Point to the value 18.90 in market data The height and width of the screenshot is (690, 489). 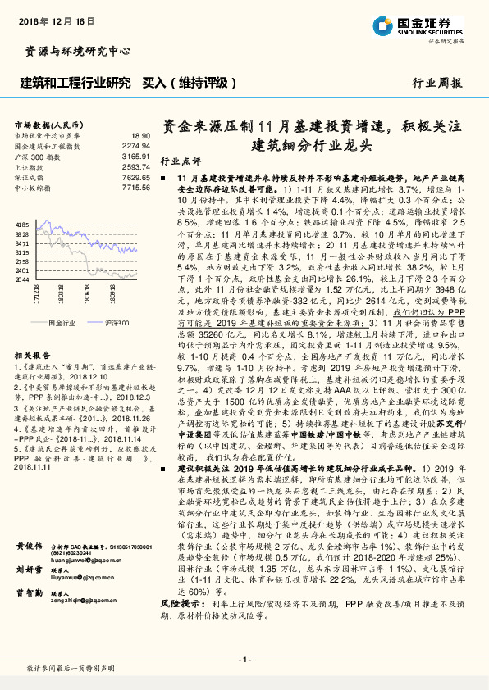(x=141, y=134)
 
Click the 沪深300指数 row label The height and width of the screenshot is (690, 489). (x=39, y=156)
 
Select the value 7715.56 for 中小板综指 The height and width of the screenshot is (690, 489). (x=136, y=188)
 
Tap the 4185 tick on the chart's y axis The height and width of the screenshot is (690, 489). (x=22, y=224)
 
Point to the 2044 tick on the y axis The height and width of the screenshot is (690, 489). (x=22, y=280)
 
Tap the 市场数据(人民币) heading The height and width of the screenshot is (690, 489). (x=47, y=124)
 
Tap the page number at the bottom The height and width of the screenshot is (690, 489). (x=244, y=660)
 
